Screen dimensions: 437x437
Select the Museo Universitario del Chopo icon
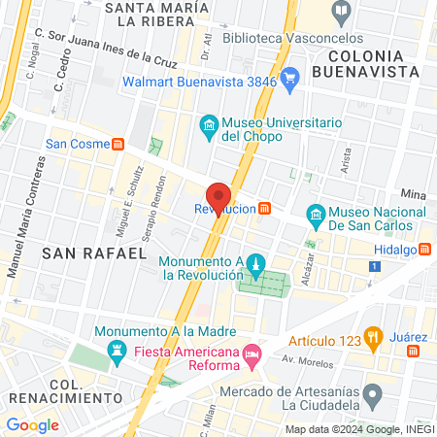[x=207, y=125]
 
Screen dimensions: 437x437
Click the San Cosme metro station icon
[x=118, y=143]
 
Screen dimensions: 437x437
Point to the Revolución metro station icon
[x=265, y=208]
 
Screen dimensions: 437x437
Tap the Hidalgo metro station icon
[x=424, y=249]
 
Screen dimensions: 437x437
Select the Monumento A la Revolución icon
[x=255, y=264]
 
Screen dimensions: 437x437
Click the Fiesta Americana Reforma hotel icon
[x=252, y=352]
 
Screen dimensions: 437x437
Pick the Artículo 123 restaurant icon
[x=371, y=340]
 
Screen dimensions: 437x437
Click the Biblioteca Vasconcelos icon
[x=341, y=13]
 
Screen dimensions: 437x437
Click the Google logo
[x=32, y=424]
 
